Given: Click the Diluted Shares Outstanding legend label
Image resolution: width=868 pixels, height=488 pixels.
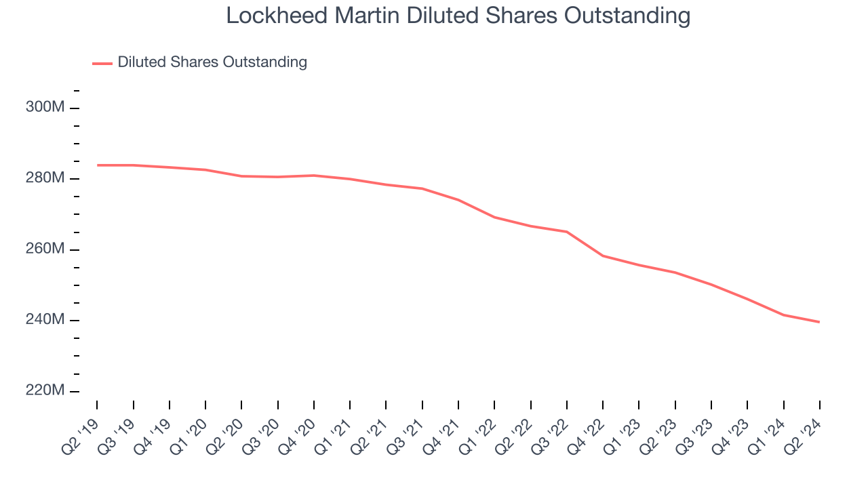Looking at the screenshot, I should [x=212, y=62].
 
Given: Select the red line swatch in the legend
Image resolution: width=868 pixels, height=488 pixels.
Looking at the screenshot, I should [x=102, y=63].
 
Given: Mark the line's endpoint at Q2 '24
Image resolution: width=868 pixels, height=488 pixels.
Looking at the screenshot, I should [x=820, y=322].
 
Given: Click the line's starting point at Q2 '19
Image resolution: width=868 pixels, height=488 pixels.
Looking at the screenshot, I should [x=97, y=165].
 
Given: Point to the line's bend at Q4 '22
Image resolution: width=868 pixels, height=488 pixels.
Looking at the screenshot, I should [x=603, y=256].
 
